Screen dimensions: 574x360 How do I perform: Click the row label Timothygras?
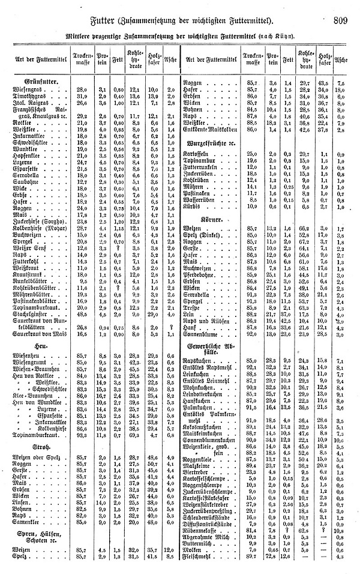coord(29,96)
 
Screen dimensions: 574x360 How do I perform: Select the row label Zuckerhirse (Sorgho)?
coord(37,221)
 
